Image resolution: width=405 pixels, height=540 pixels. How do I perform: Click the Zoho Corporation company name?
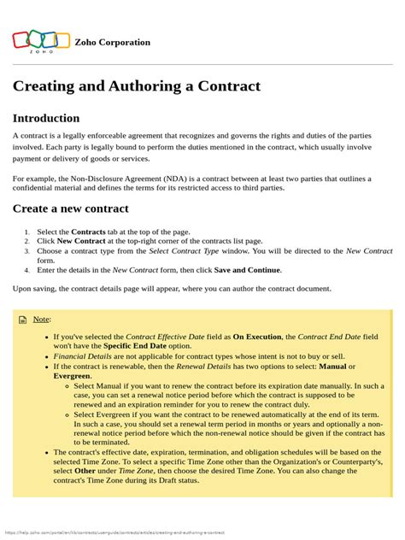coord(112,42)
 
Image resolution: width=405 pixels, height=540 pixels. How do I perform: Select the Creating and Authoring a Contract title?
coord(136,86)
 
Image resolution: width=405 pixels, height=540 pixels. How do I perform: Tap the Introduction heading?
coord(46,118)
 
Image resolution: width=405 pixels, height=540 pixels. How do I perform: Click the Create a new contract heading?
coord(70,208)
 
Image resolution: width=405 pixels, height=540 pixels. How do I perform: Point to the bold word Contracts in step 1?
coord(88,232)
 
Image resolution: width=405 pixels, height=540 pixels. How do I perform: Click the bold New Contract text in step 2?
coord(81,242)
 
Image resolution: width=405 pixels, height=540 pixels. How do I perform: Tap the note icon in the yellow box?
coord(23,320)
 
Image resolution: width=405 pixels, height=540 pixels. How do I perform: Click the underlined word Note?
coord(41,320)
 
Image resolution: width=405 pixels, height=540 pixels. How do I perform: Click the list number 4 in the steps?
coord(27,270)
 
